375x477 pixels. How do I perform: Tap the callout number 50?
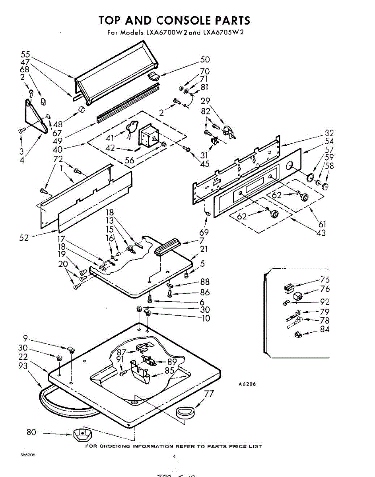coord(205,60)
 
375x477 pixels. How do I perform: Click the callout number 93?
coord(23,366)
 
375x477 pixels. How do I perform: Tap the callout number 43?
coord(320,233)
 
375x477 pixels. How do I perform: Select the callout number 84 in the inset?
coord(324,329)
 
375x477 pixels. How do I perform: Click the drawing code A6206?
coord(247,384)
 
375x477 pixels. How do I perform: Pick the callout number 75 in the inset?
coord(324,280)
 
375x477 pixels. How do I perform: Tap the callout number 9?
coord(25,339)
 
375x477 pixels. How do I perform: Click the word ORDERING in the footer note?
coord(114,446)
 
